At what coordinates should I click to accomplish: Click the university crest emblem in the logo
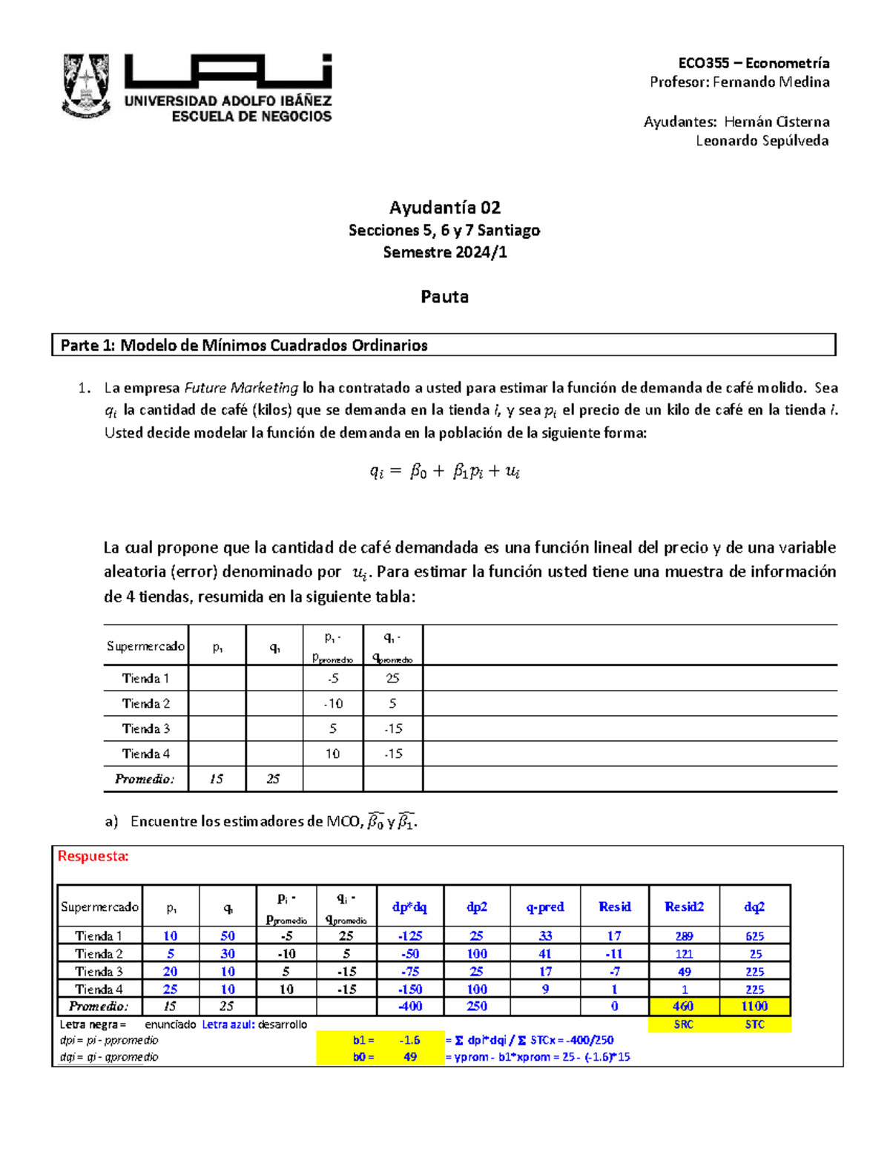(87, 85)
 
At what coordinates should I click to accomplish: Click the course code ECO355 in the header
(704, 63)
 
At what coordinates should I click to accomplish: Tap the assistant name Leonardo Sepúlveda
(762, 141)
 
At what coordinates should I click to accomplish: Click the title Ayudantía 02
(444, 208)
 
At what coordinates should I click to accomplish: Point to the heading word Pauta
(444, 297)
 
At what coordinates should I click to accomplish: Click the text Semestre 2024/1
(444, 252)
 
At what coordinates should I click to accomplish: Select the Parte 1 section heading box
(444, 345)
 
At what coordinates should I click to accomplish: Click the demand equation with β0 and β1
(444, 471)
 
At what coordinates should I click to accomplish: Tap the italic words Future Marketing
(241, 388)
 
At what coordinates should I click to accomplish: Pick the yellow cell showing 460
(683, 1007)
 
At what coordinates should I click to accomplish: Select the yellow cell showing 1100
(754, 1007)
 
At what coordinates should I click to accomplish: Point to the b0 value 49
(409, 1057)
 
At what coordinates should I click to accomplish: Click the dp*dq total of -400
(409, 1007)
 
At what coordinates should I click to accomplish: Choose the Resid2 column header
(684, 906)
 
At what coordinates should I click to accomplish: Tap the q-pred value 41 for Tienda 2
(545, 954)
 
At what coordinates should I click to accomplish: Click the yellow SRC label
(683, 1024)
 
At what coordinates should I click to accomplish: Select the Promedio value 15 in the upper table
(216, 779)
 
